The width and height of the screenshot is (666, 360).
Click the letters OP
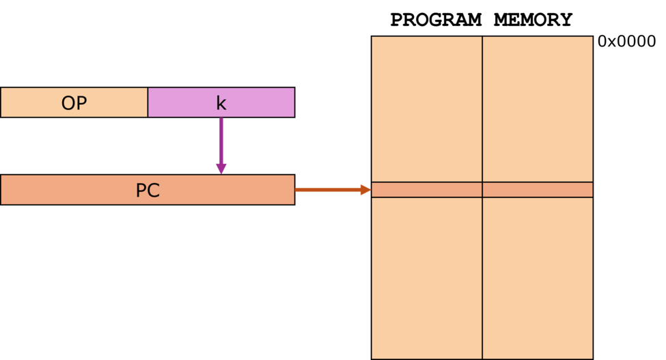[x=74, y=103]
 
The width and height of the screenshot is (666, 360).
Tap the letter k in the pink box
[x=221, y=103]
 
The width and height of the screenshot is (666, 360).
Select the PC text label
[x=148, y=191]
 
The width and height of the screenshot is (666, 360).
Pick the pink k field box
[x=260, y=102]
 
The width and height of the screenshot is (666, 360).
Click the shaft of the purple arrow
[x=221, y=140]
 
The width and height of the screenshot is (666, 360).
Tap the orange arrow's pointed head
[x=365, y=190]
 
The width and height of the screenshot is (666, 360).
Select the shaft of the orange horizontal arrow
[x=328, y=190]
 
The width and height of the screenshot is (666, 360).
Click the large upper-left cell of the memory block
[x=427, y=109]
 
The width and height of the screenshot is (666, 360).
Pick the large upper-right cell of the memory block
[x=538, y=109]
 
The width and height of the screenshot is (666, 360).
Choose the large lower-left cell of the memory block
[x=427, y=277]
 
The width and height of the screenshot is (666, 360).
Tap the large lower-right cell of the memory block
[x=538, y=277]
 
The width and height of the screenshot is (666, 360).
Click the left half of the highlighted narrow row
[x=427, y=190]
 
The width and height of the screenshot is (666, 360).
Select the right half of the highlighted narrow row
[x=538, y=190]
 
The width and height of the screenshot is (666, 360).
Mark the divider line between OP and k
[x=148, y=102]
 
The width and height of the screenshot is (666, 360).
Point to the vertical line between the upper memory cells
[x=482, y=109]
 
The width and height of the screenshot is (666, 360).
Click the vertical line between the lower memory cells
[x=482, y=277]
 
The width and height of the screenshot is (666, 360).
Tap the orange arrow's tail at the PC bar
[x=298, y=190]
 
